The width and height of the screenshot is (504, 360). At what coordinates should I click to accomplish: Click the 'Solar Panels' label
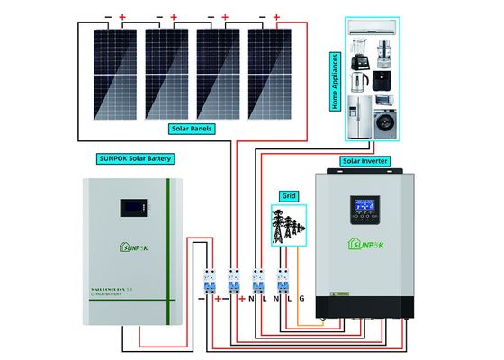click(x=207, y=129)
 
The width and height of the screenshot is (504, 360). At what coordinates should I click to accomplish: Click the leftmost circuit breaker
click(x=207, y=280)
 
